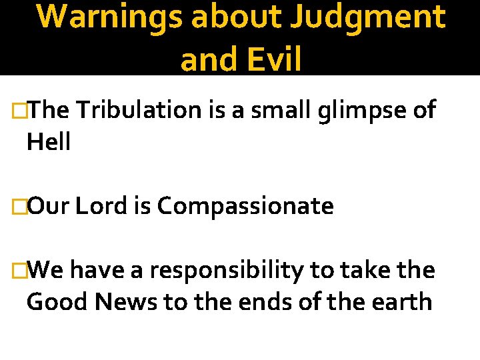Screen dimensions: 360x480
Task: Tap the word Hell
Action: click(x=48, y=141)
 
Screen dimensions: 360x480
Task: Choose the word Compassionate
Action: click(x=245, y=207)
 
